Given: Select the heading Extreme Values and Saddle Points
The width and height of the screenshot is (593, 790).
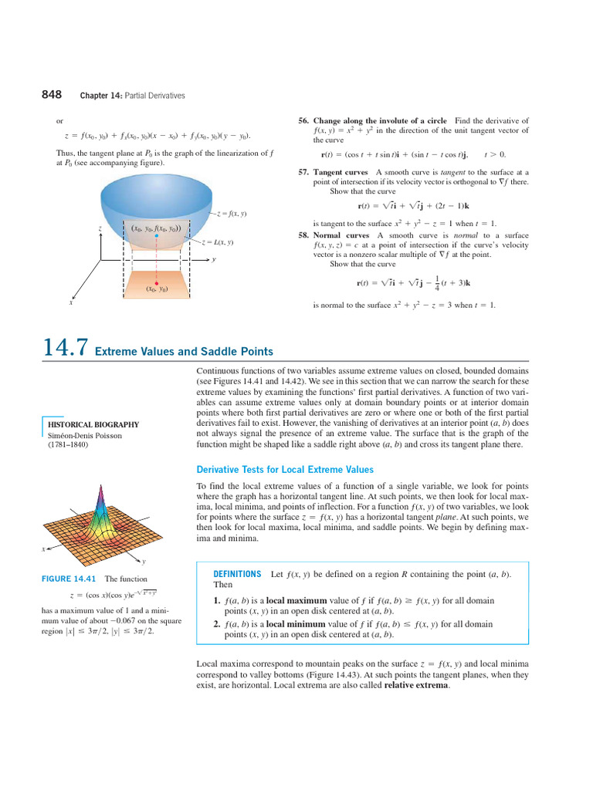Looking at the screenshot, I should [x=184, y=352].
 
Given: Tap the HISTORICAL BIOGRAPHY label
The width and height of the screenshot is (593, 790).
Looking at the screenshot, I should [x=93, y=424].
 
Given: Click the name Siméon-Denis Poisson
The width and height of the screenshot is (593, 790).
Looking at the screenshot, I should [x=85, y=435].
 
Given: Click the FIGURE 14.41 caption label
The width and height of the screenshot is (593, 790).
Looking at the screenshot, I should [x=69, y=579].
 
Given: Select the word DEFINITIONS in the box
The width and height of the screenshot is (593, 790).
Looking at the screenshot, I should [x=237, y=575].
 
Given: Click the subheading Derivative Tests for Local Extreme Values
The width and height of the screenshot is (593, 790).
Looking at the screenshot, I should [x=286, y=469].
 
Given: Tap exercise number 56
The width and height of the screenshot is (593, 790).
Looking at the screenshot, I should [x=303, y=121].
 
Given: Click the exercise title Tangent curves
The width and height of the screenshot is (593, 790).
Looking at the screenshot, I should [x=341, y=172].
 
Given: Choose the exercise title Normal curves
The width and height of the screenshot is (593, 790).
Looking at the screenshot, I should [x=341, y=235].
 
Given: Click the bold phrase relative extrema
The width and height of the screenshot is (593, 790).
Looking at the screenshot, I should [x=416, y=685].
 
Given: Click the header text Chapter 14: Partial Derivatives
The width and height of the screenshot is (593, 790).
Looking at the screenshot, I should [x=132, y=96].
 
